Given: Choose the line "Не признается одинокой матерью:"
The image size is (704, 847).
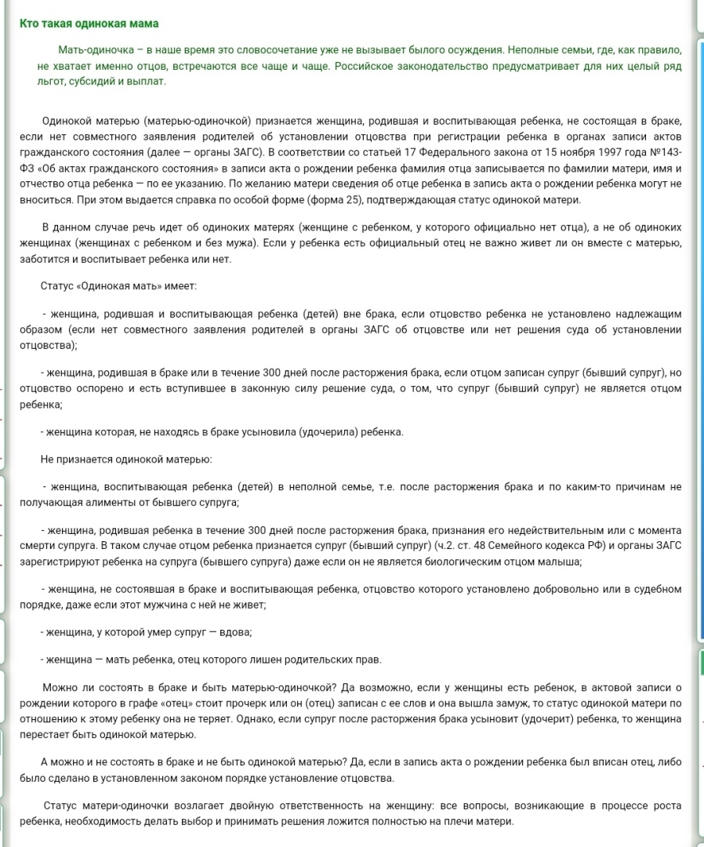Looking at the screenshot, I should point(126,459).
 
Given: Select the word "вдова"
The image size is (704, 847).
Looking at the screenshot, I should point(237,632).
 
